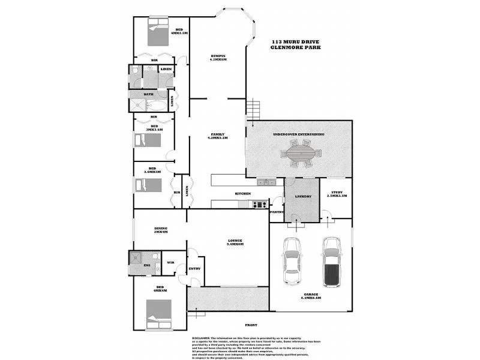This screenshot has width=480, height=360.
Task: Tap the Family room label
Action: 217,134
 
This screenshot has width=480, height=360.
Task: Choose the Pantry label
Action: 277,212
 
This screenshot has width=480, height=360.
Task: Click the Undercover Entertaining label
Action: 298,134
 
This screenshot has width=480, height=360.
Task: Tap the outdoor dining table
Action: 299,157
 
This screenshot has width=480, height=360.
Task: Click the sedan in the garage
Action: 292,259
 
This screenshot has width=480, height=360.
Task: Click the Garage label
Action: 311,295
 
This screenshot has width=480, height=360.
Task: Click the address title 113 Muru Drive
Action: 296,41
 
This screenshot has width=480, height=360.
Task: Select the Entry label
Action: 194,268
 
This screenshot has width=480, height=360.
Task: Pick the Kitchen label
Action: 242,194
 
